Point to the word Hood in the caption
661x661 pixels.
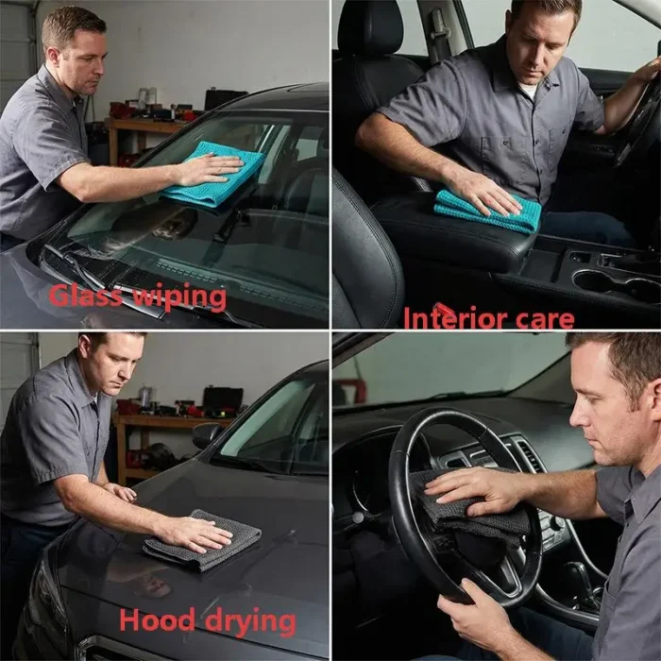[158, 619]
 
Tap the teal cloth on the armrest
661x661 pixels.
[487, 210]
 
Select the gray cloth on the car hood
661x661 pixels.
[202, 539]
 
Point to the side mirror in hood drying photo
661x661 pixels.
[207, 435]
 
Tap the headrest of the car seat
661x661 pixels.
[370, 26]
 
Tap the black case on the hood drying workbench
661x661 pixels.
[223, 398]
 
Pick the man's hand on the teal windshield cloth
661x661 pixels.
[212, 169]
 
